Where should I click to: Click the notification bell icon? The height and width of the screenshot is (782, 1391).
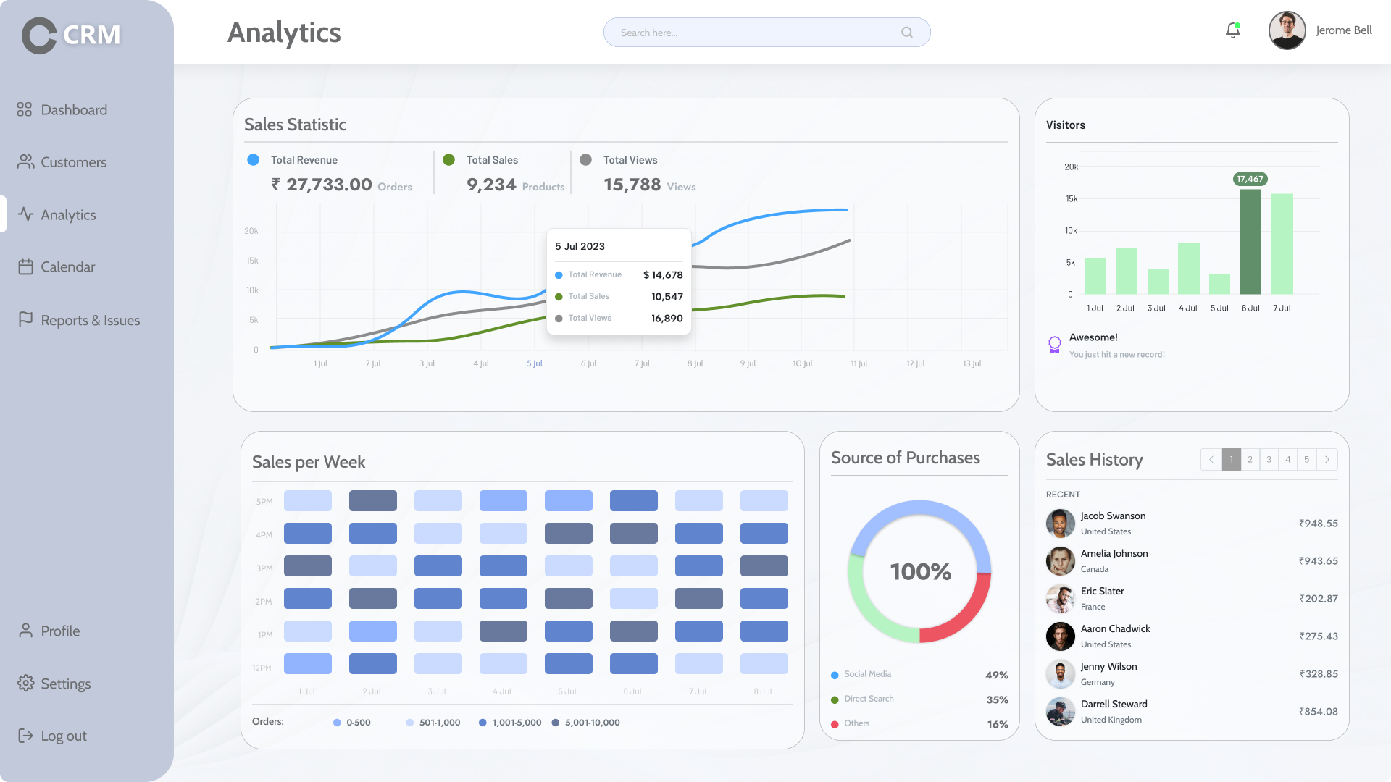click(1232, 30)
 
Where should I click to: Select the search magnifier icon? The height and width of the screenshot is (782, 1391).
click(906, 33)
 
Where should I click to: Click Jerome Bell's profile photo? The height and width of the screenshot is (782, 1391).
click(1287, 30)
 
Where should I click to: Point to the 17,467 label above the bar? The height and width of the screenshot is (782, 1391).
click(1250, 179)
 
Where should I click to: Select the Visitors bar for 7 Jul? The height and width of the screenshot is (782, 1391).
click(1282, 243)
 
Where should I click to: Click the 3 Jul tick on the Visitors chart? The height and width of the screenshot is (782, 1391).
click(1156, 308)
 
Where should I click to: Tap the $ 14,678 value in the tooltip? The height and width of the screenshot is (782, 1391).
click(663, 275)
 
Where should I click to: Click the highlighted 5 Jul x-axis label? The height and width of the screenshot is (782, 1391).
click(535, 363)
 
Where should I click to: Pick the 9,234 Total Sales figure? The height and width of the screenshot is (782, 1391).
click(491, 185)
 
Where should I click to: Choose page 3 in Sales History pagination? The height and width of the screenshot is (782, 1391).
click(1269, 459)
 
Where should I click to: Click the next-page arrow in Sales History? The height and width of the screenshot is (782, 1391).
click(1327, 459)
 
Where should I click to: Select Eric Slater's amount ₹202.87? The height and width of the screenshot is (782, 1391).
click(1318, 599)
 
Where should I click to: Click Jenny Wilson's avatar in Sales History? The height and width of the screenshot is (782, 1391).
click(1060, 674)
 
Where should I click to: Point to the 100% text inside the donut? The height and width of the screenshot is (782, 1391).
click(920, 572)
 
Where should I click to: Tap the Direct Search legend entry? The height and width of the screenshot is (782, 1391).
click(868, 699)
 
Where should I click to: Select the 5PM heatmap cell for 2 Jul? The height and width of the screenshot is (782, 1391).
click(372, 501)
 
